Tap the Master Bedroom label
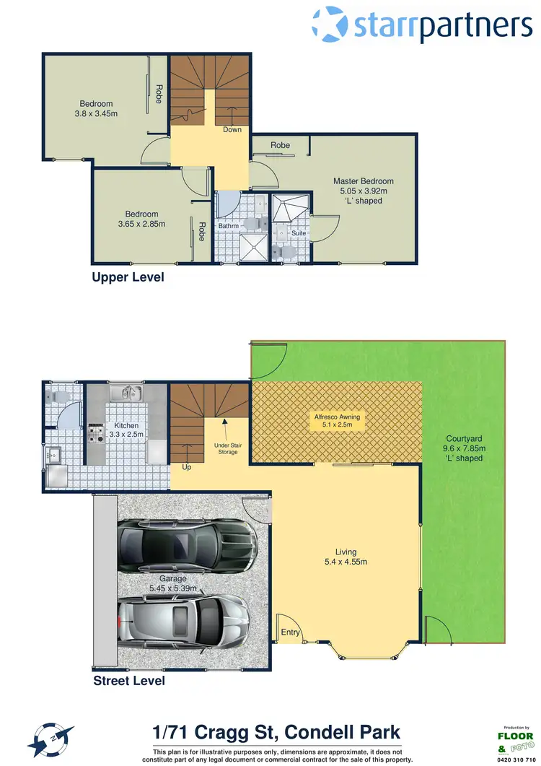363,181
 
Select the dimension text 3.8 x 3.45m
96,113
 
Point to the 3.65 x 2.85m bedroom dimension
141,224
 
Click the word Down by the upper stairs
232,130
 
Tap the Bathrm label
228,227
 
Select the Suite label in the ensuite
297,233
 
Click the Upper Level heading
128,277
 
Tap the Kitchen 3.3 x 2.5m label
126,430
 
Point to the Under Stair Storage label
227,448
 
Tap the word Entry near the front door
290,632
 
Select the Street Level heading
128,681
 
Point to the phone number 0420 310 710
517,760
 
